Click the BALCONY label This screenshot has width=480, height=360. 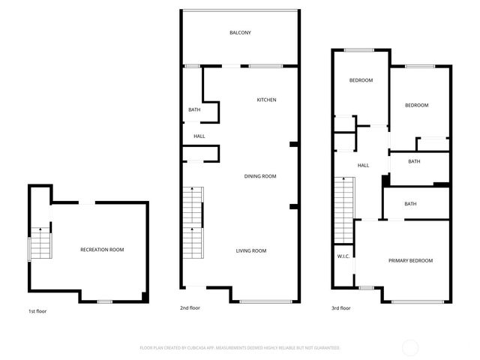point(240,33)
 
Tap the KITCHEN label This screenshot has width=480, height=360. point(267,100)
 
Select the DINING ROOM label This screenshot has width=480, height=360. point(260,176)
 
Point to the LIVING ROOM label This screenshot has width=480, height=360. point(251,250)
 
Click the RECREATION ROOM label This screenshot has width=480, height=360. point(102,249)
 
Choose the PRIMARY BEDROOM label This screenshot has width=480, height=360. point(410,260)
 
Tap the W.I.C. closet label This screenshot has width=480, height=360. point(343,256)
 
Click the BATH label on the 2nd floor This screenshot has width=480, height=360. point(194,110)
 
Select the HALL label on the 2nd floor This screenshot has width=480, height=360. point(199,136)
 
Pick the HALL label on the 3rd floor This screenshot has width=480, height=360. point(363,166)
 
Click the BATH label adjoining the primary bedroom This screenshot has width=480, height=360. point(410,204)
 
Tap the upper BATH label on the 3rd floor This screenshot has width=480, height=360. point(414,161)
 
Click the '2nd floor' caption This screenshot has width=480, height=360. point(190,307)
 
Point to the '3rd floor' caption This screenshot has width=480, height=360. point(341,307)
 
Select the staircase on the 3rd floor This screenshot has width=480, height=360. point(343,210)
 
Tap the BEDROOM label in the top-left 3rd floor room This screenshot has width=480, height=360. point(361,80)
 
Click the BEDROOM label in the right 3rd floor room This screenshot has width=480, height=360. point(416,106)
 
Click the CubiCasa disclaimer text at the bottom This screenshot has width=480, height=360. point(240,348)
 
